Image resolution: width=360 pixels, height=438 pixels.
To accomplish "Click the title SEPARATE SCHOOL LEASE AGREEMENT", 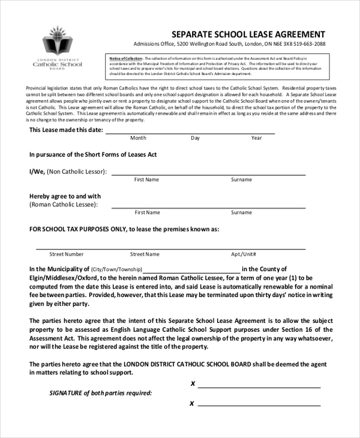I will [248, 34].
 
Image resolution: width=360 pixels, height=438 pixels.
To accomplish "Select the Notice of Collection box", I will [218, 65].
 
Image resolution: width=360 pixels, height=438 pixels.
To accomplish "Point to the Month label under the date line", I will [138, 138].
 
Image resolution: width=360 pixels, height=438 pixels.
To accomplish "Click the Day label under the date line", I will [195, 138].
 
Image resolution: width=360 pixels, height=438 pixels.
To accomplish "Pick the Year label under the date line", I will [257, 138].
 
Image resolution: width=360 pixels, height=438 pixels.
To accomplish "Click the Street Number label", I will [67, 254].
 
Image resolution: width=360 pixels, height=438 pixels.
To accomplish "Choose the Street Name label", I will [145, 254].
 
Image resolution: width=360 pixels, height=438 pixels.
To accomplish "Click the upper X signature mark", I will [192, 383].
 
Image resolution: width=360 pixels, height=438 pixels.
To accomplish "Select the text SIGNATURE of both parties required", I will [100, 393].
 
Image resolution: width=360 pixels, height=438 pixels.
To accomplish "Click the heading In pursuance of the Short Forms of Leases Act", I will [93, 154].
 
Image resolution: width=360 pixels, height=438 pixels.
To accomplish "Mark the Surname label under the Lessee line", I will [242, 212].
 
